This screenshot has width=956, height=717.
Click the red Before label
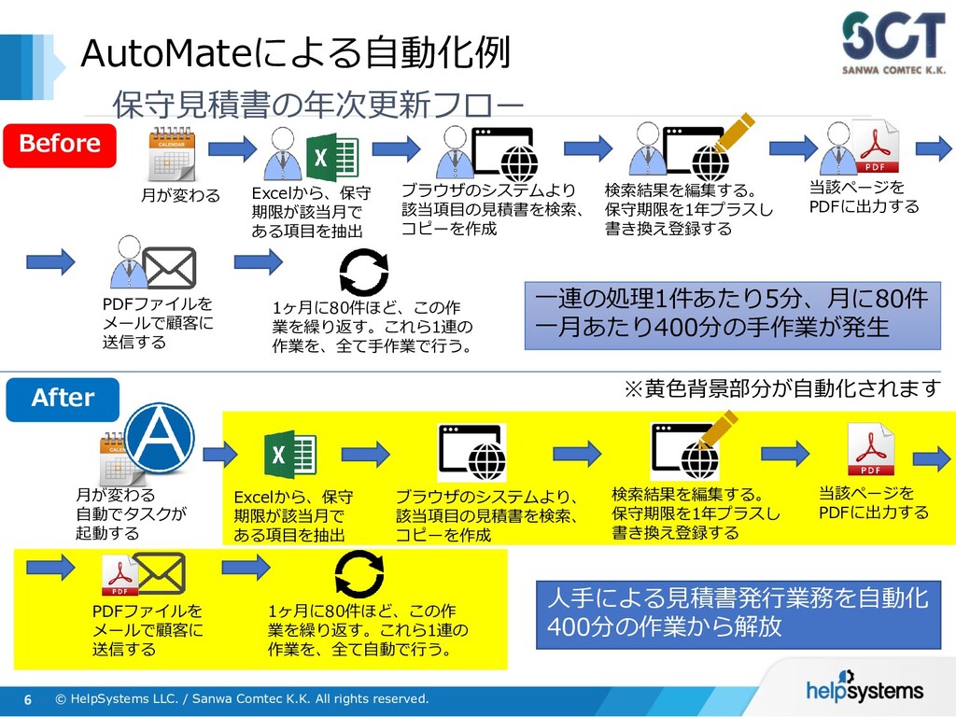(60, 144)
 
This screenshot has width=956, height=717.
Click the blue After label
(63, 399)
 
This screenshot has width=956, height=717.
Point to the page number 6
(28, 700)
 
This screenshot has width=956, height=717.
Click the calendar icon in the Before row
(172, 154)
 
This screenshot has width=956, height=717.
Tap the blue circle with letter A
(159, 437)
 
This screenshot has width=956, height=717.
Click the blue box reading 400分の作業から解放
(738, 612)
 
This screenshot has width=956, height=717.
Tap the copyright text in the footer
(242, 699)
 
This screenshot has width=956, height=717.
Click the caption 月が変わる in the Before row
(180, 195)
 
